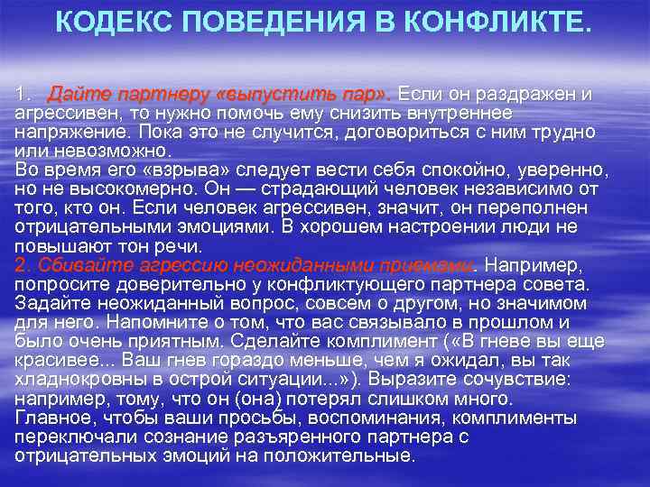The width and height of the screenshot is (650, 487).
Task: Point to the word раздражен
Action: (x=513, y=94)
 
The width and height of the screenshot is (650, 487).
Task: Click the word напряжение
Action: (x=67, y=131)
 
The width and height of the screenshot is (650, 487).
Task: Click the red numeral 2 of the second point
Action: (x=22, y=265)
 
